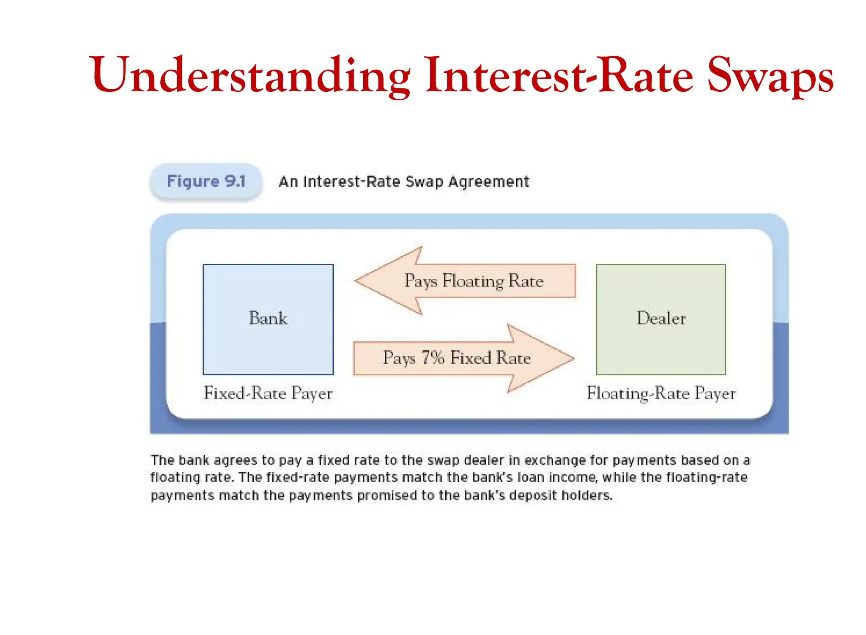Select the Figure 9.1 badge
tap(206, 181)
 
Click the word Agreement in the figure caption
tap(488, 182)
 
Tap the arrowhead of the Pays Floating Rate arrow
tap(381, 281)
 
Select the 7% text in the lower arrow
tap(433, 358)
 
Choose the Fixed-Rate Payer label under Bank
tap(268, 393)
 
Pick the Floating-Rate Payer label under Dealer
tap(661, 393)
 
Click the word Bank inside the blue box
tap(268, 319)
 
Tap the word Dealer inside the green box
tap(661, 319)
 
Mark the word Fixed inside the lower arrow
tap(470, 358)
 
